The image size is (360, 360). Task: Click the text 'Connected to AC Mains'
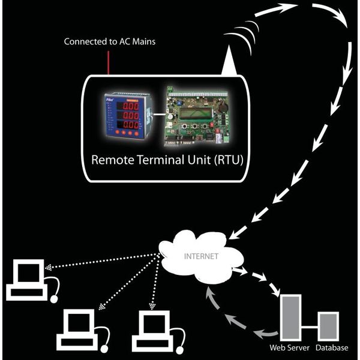pos(110,41)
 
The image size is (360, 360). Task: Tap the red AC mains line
pos(109,62)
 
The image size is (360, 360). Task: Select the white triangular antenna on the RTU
pos(229,59)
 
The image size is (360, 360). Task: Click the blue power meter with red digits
pos(128,116)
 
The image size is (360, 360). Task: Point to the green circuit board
pos(197,116)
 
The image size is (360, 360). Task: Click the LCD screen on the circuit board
pos(196,113)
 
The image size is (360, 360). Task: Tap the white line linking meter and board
pos(160,114)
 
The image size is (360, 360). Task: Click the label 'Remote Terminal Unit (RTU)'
pos(167,160)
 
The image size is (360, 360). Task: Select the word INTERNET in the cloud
pos(201,256)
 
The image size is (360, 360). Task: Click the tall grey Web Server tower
pos(290,317)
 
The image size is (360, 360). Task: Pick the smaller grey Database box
pos(328,326)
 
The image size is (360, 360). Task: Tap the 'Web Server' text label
pos(290,347)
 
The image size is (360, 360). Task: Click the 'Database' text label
pos(332,347)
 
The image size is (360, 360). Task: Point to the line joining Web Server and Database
pos(310,328)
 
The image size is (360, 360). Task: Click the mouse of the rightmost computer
pos(179,350)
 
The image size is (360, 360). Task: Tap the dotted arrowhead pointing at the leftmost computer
pos(48,268)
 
